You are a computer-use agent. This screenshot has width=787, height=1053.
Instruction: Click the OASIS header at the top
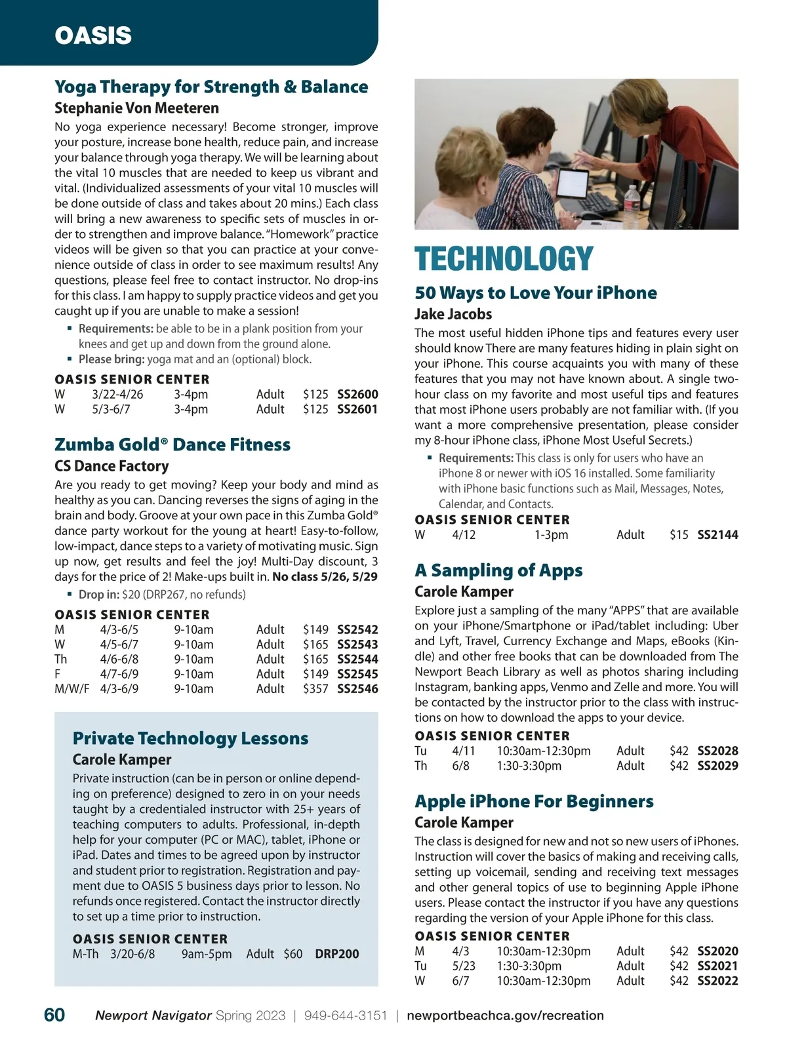click(x=93, y=35)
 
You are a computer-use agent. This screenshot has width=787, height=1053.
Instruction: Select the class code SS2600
click(x=357, y=394)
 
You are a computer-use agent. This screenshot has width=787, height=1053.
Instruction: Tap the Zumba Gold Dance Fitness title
click(x=172, y=445)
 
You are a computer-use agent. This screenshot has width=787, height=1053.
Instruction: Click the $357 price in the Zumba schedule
click(x=315, y=689)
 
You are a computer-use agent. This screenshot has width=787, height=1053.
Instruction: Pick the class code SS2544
click(x=357, y=659)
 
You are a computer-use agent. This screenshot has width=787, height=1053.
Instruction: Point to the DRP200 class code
click(x=337, y=954)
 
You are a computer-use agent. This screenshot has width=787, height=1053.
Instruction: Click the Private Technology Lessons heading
click(x=190, y=738)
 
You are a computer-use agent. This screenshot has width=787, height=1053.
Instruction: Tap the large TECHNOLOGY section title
click(x=504, y=259)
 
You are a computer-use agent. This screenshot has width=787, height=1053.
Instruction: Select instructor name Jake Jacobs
click(x=453, y=314)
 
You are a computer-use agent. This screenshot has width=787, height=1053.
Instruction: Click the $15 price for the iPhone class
click(x=679, y=535)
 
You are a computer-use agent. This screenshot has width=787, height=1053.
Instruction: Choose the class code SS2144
click(x=717, y=535)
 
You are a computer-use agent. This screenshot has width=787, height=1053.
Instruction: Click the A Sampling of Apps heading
click(x=498, y=570)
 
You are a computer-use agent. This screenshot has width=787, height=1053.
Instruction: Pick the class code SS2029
click(x=717, y=766)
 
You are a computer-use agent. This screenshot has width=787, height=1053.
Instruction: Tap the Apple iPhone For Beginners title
click(x=534, y=801)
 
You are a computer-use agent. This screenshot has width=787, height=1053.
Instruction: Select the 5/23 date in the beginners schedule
click(x=464, y=966)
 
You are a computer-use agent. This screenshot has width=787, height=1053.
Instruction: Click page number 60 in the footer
click(x=54, y=1015)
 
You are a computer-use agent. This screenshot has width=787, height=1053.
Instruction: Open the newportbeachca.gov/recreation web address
click(x=505, y=1016)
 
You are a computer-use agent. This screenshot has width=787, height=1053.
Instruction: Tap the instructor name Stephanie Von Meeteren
click(x=136, y=108)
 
